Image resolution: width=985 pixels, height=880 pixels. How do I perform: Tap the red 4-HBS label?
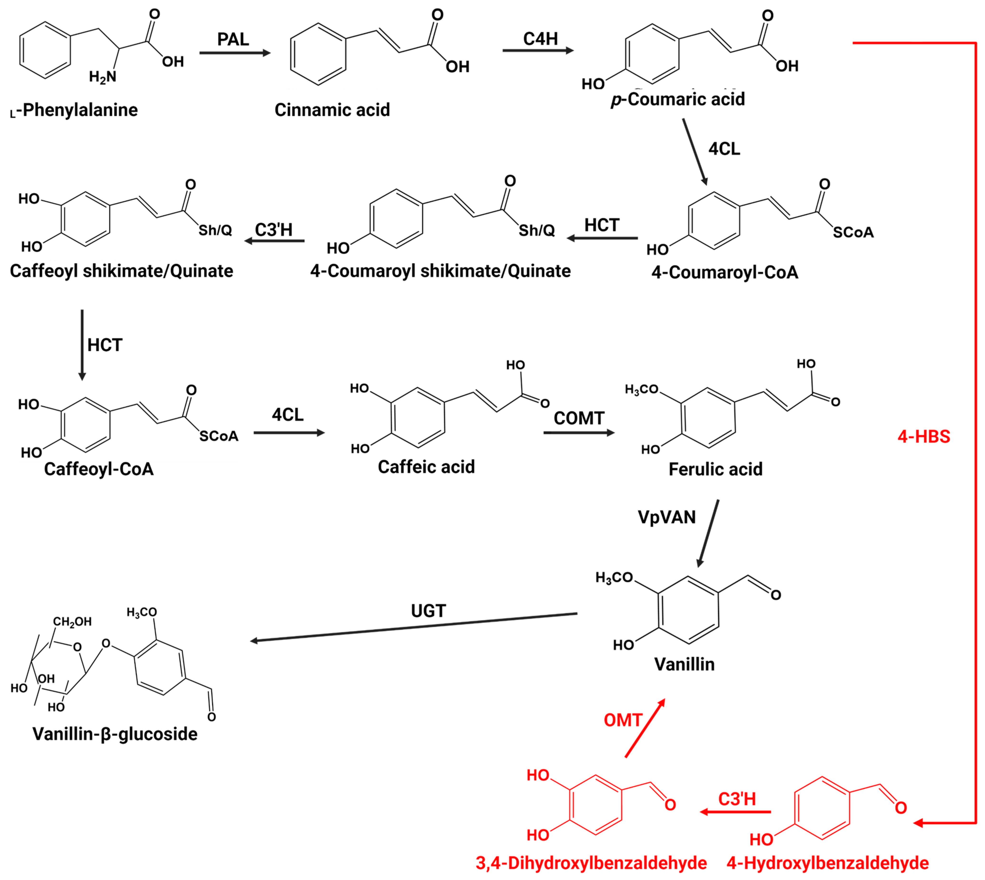[923, 437]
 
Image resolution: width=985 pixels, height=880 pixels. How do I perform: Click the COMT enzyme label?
[579, 418]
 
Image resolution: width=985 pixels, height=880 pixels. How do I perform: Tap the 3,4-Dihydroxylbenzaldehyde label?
[591, 863]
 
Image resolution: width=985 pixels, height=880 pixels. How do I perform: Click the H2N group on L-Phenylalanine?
[103, 77]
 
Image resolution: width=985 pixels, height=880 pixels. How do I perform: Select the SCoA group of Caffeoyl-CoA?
[219, 436]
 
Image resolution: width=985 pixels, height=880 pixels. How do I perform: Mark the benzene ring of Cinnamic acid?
[318, 54]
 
